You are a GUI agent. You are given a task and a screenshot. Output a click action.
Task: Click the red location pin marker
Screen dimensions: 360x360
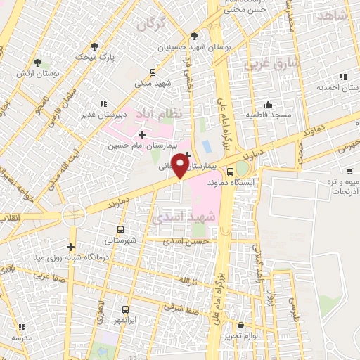pyautogui.click(x=181, y=165)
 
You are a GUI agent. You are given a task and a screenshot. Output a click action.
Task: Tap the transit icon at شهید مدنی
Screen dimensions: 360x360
pyautogui.click(x=153, y=72)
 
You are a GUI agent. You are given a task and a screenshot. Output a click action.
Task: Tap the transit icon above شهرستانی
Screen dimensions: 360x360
pyautogui.click(x=120, y=230)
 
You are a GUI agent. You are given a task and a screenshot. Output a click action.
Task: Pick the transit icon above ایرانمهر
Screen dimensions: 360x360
pyautogui.click(x=125, y=309)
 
